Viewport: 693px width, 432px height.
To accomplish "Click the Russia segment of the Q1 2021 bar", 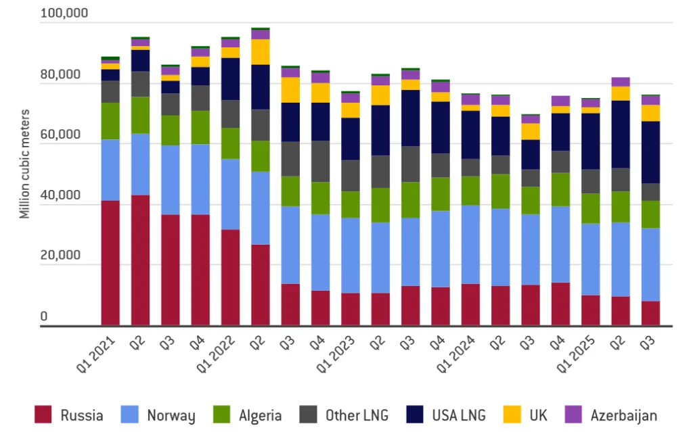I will click(110, 264).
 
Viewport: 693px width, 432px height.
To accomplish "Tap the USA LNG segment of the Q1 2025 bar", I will click(590, 141).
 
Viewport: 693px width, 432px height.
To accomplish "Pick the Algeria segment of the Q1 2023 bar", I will click(351, 205).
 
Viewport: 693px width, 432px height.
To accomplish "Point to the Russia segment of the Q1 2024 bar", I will click(470, 305).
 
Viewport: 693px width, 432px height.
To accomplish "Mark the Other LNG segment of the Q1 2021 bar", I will click(110, 92).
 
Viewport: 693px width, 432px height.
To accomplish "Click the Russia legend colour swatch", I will click(43, 414).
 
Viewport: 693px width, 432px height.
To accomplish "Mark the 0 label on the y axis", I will click(45, 316).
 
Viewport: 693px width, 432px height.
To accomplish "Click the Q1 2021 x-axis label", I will click(96, 353).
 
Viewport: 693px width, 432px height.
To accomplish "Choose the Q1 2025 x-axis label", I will click(576, 353).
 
